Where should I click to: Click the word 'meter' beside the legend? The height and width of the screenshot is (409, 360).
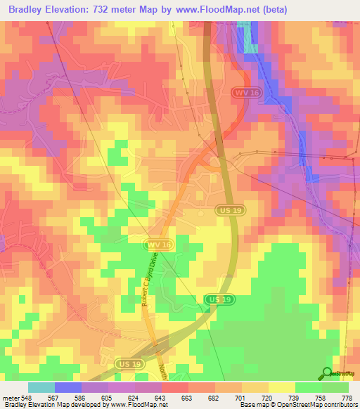(10, 398)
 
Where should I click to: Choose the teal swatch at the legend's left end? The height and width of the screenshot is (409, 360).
(41, 387)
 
